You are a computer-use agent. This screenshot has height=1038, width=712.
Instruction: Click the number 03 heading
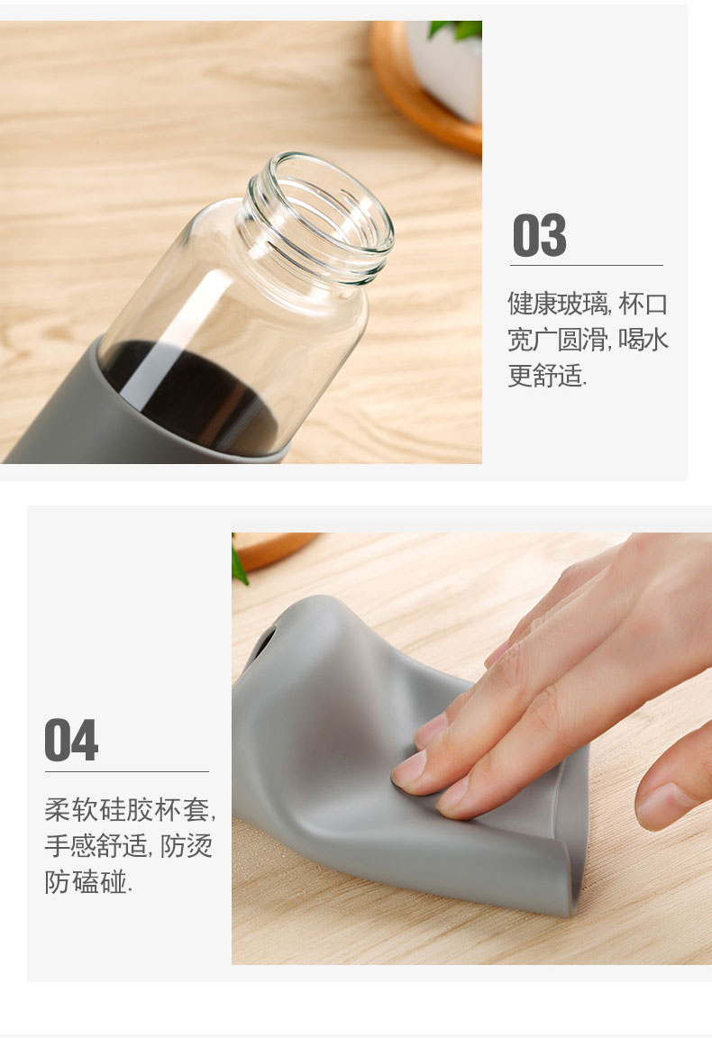[540, 235]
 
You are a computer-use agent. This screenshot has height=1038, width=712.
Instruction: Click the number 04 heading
[71, 740]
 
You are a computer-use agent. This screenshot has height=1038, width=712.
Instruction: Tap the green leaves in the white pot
[455, 29]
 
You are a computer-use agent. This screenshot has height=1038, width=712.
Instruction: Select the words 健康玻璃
[558, 304]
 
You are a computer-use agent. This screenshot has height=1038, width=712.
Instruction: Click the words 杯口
[644, 304]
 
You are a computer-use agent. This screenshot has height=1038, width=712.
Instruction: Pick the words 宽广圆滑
[558, 340]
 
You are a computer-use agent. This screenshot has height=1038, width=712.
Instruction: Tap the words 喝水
[644, 340]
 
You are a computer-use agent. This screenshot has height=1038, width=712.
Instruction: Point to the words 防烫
[186, 845]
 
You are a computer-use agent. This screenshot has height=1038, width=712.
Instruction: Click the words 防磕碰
[86, 881]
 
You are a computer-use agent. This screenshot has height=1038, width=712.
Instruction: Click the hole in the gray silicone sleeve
[263, 642]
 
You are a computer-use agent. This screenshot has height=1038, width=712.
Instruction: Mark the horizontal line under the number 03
[586, 266]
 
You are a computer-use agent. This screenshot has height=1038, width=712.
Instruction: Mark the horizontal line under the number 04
[126, 771]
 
